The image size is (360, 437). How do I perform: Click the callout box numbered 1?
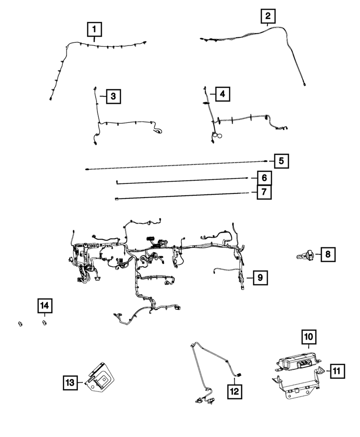(94, 29)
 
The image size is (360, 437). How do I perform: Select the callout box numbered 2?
(268, 16)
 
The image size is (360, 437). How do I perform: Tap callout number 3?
(113, 96)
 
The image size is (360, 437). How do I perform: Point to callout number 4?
(223, 94)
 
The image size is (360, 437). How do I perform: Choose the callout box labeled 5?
(281, 161)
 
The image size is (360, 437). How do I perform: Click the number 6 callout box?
(264, 178)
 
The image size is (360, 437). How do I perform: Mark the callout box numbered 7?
(264, 192)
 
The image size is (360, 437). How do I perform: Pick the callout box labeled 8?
(328, 254)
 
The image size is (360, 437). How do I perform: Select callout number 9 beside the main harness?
(260, 278)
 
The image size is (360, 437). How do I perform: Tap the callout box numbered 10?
(309, 337)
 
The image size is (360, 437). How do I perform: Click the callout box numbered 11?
(337, 371)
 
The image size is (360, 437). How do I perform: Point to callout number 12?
(234, 391)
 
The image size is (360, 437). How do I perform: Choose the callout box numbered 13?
(70, 383)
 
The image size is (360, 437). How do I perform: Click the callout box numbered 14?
(45, 305)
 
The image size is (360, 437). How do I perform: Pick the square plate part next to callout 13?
(100, 378)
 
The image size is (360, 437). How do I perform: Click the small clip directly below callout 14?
(44, 323)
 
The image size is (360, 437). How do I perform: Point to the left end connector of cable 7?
(117, 198)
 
